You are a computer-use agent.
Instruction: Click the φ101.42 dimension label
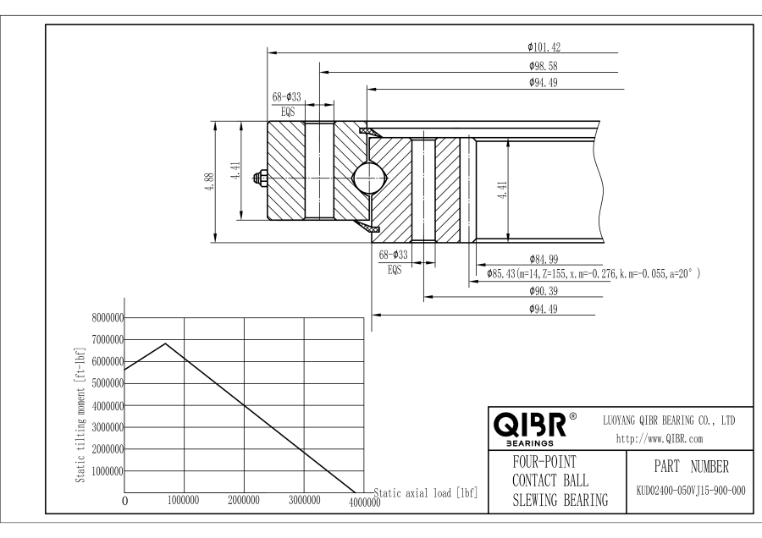tap(542, 47)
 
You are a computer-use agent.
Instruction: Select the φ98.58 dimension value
tap(542, 65)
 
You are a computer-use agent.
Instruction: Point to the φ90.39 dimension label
tap(542, 291)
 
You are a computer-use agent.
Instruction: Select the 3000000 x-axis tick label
tap(305, 500)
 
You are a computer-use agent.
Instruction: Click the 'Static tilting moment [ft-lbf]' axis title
tap(82, 414)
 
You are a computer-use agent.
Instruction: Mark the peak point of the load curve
tap(166, 343)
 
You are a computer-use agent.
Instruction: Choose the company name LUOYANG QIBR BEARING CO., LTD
tap(668, 419)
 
